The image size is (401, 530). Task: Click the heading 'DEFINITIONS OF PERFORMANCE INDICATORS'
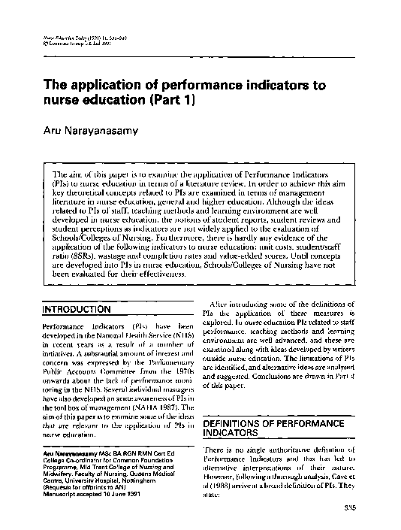pyautogui.click(x=264, y=429)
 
